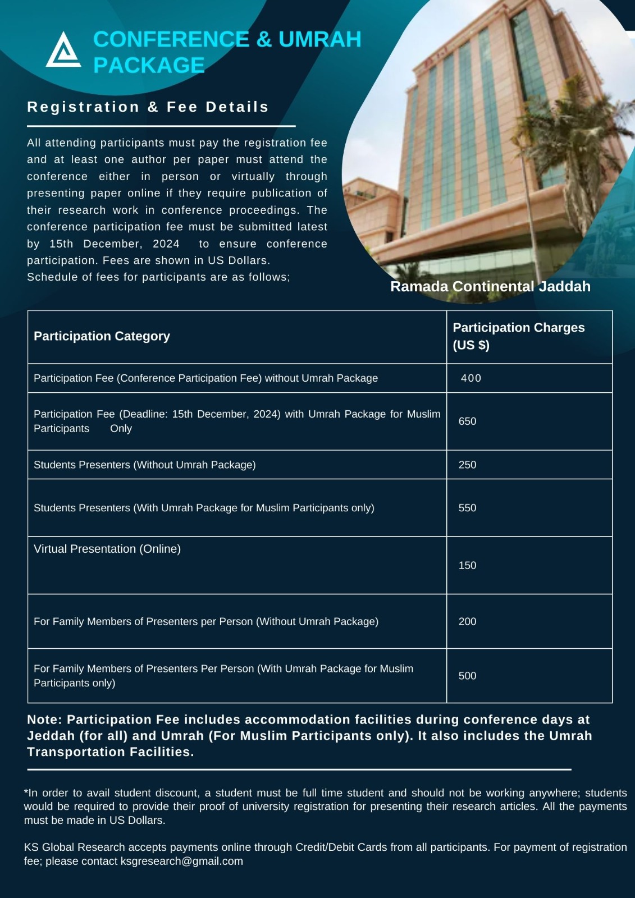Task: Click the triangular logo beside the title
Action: [x=63, y=51]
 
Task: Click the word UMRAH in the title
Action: [x=319, y=39]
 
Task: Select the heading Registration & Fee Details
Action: [x=148, y=107]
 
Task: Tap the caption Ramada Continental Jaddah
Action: [x=490, y=286]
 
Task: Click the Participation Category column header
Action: [x=102, y=336]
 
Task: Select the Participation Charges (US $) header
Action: [x=518, y=336]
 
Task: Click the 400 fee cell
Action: [x=470, y=378]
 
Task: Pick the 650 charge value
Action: [x=467, y=421]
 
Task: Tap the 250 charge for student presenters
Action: [x=467, y=465]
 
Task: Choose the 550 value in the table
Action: [x=467, y=508]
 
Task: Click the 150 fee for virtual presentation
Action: [x=467, y=565]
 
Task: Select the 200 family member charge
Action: [x=467, y=621]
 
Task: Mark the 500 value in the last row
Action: [x=467, y=676]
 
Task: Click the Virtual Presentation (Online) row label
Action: [x=107, y=549]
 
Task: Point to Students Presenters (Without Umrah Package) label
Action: [x=144, y=465]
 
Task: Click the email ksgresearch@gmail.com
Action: [x=181, y=861]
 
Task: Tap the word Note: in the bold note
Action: [x=44, y=720]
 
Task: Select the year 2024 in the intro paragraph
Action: [x=166, y=244]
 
